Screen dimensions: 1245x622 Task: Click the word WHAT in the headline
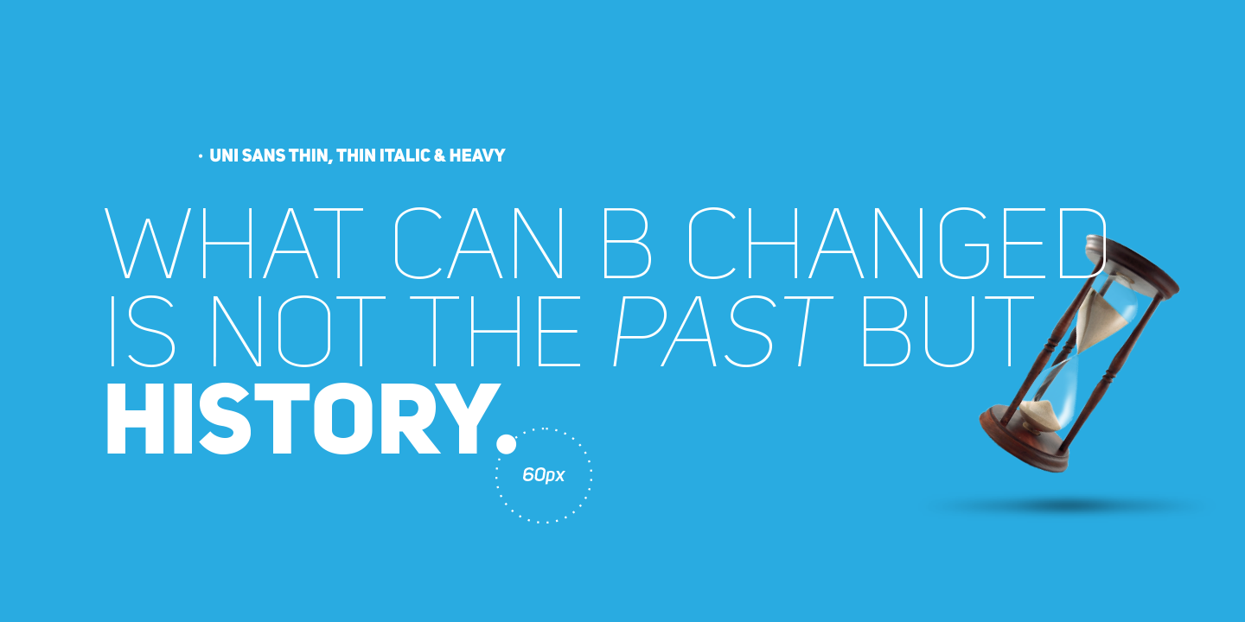tap(234, 243)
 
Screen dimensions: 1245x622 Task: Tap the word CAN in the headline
tap(479, 243)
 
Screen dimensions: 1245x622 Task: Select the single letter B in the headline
tap(626, 243)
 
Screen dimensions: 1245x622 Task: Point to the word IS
tap(143, 332)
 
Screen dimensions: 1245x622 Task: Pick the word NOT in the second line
tap(298, 332)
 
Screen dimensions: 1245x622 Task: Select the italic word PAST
tap(723, 332)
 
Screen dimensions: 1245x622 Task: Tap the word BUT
tap(947, 332)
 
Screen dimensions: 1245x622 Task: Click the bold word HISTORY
tap(303, 419)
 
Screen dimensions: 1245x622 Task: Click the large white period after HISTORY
tap(506, 444)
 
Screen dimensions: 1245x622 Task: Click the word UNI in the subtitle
tap(223, 155)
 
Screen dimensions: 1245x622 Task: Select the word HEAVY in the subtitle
tap(477, 155)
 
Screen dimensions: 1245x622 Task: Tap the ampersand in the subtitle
tap(439, 155)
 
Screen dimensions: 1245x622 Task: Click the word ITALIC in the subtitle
tap(405, 155)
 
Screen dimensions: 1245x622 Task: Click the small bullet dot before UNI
tap(200, 157)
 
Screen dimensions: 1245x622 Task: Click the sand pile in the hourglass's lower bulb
tap(1040, 416)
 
